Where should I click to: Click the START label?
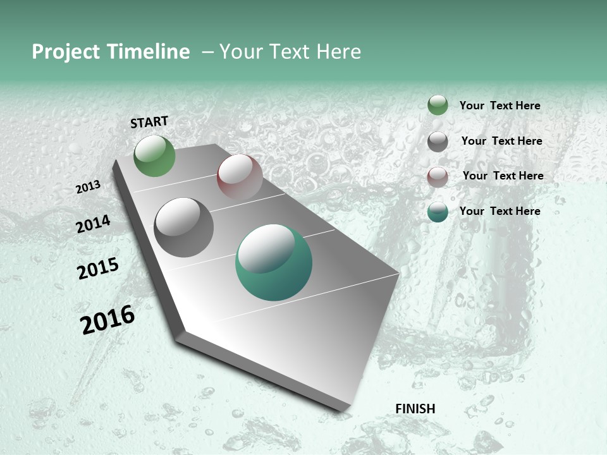pyautogui.click(x=149, y=122)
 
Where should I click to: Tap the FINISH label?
pyautogui.click(x=415, y=409)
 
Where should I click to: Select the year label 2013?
pyautogui.click(x=89, y=187)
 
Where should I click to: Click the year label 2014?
pyautogui.click(x=93, y=224)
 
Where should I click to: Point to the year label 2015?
pyautogui.click(x=98, y=269)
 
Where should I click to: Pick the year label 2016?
pyautogui.click(x=108, y=320)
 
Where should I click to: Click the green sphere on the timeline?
pyautogui.click(x=155, y=156)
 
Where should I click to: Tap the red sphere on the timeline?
pyautogui.click(x=240, y=176)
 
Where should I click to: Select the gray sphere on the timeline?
pyautogui.click(x=184, y=227)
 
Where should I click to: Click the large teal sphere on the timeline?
pyautogui.click(x=274, y=262)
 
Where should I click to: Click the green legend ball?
pyautogui.click(x=438, y=105)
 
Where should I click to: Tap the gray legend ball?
pyautogui.click(x=438, y=142)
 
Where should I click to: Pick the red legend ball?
pyautogui.click(x=438, y=177)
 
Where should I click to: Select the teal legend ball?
pyautogui.click(x=438, y=212)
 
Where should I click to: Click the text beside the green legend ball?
pyautogui.click(x=500, y=106)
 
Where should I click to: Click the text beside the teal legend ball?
pyautogui.click(x=500, y=211)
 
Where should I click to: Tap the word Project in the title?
pyautogui.click(x=66, y=52)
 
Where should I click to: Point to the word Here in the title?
pyautogui.click(x=338, y=52)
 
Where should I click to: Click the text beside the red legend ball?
pyautogui.click(x=503, y=176)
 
